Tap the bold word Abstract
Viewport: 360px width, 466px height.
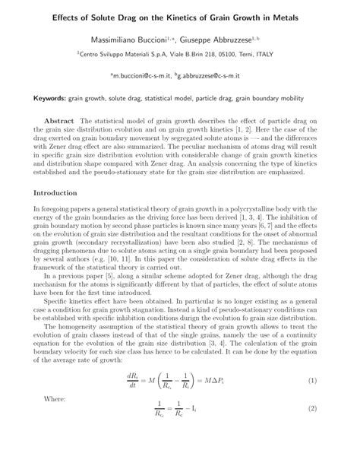pyautogui.click(x=58, y=121)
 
